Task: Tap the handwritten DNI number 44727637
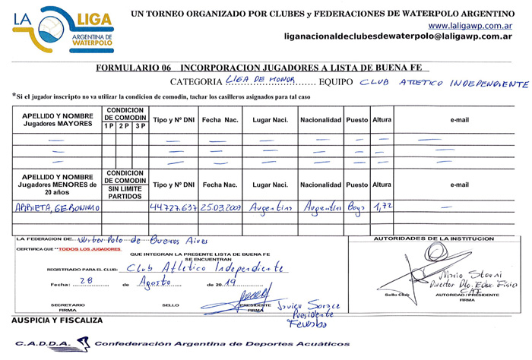click(174, 207)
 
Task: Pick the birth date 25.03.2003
click(220, 207)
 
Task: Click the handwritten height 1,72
click(382, 206)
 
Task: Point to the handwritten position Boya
click(357, 207)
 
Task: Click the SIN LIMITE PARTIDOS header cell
click(125, 191)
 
